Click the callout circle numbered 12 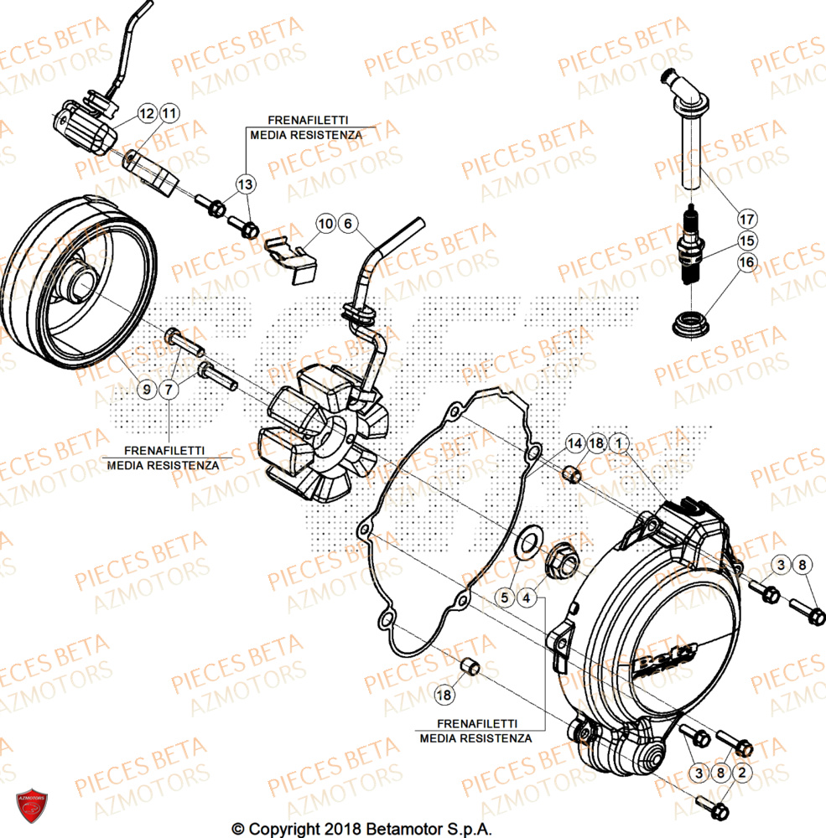[x=147, y=112]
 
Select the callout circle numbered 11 [x=169, y=112]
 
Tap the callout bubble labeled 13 [x=244, y=184]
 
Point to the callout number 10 [x=325, y=223]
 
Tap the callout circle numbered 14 [x=574, y=442]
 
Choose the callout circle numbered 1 [x=618, y=442]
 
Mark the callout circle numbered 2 [x=741, y=772]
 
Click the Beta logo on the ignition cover [x=662, y=658]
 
